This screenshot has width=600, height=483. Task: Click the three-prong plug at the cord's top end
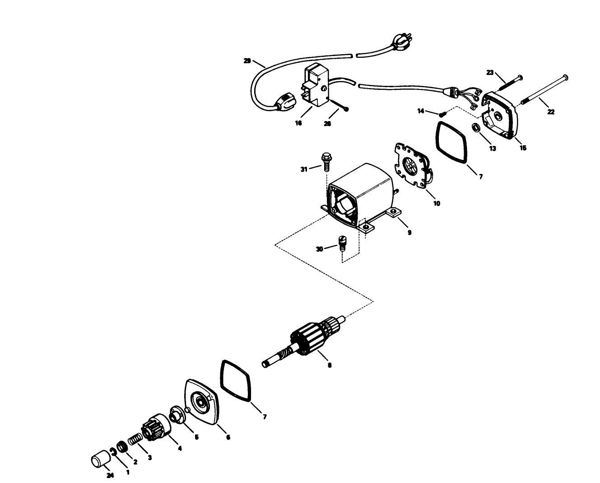(x=400, y=42)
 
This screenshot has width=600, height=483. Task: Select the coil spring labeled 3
(x=135, y=439)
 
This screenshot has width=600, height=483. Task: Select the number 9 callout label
(x=409, y=233)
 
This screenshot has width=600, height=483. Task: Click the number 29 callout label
(x=247, y=61)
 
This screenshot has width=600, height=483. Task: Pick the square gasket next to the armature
(x=235, y=380)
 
